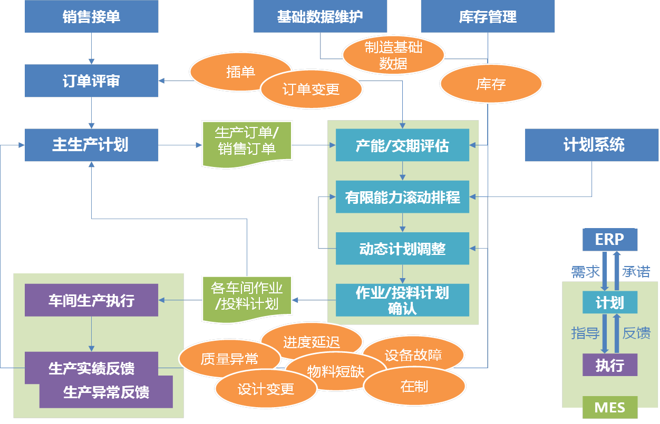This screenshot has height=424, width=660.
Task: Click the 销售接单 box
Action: pos(91,17)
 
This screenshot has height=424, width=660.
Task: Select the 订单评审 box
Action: pos(91,81)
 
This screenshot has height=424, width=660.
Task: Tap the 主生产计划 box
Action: pos(91,145)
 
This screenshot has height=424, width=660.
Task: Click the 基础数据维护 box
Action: pos(320,17)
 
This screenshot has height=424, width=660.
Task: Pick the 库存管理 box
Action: pos(488,17)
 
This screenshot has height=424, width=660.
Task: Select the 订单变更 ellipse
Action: pos(311,90)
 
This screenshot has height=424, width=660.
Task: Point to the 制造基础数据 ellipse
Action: pos(393,55)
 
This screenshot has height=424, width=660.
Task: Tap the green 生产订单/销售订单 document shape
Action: pos(247,141)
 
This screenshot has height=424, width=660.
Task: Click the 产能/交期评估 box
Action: pos(402,145)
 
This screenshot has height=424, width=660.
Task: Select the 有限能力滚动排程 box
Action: pos(402,197)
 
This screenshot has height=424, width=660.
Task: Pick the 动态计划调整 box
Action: pos(402,249)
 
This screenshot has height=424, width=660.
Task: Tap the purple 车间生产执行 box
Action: pos(91,300)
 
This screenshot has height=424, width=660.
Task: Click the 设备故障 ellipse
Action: pos(413,356)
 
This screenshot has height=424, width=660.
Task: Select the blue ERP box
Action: pos(609,240)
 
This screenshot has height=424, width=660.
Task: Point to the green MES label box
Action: pos(609,407)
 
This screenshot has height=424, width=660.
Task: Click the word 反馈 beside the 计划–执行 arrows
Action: pos(636,333)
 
